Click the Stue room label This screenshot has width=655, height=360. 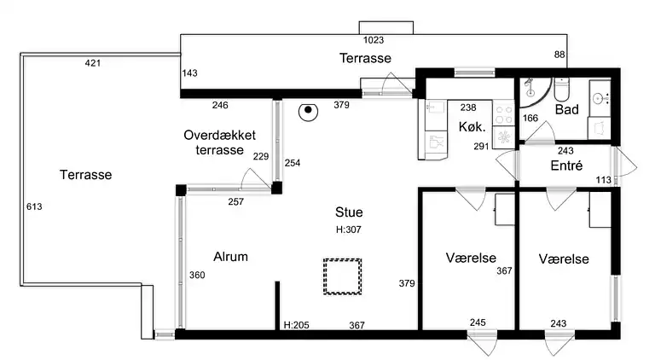pos(349,212)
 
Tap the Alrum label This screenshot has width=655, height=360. pos(230,257)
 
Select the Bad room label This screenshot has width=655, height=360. pos(567,109)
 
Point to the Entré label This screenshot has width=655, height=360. pos(566,165)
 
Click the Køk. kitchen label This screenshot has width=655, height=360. pos(472,126)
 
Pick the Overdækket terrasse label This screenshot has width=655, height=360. pos(220,142)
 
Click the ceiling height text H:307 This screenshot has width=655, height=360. pos(348,229)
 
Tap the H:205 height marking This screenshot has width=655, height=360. pos(296,325)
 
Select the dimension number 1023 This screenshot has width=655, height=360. pos(374,40)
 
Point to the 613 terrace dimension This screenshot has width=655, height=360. pos(34,206)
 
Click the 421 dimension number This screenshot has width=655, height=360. pos(93,63)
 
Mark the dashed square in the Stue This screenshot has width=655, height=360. pos(343,276)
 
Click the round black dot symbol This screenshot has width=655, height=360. pos(308,111)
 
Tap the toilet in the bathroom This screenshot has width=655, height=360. pos(562,89)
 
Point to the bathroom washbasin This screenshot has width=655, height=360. pos(600,99)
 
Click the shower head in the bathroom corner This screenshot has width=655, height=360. pos(530,85)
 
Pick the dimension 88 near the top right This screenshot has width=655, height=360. pos(559,55)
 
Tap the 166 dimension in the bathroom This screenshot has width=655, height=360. pos(530,119)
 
